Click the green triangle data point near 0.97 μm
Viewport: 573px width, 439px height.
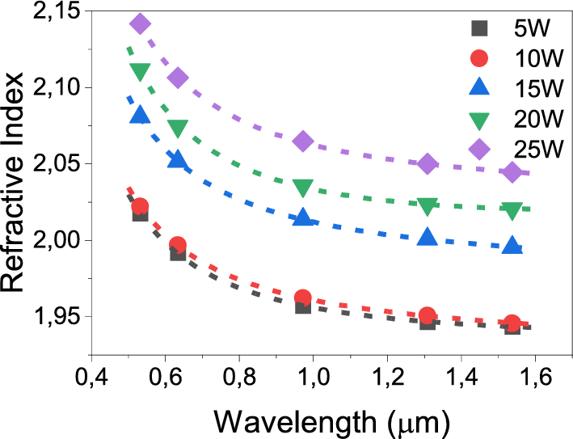tap(303, 188)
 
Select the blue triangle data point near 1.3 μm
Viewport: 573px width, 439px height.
tap(428, 237)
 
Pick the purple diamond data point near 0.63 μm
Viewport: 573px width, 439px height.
tap(178, 78)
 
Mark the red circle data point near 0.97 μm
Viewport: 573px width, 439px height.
tap(303, 298)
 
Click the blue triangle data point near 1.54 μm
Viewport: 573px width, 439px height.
tap(512, 245)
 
